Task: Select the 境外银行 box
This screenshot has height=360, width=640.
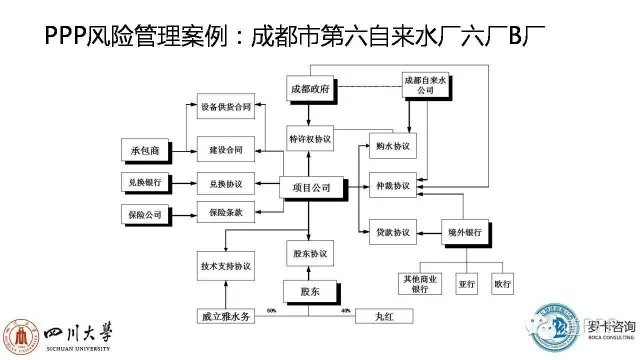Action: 466,232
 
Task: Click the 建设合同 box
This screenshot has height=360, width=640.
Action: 226,150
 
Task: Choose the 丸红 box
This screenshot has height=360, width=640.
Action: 385,318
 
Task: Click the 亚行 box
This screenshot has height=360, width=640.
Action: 468,283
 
